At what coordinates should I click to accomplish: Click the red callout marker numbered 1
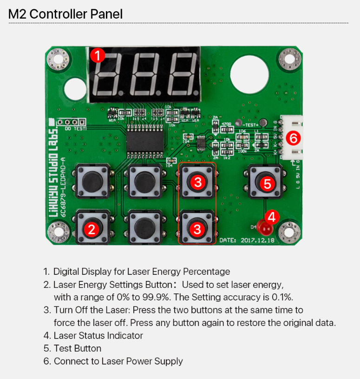click(98, 56)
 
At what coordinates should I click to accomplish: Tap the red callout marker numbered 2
click(92, 228)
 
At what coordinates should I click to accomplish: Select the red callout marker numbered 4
click(272, 217)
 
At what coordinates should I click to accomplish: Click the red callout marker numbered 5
click(267, 184)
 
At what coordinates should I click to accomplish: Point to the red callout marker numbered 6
click(293, 138)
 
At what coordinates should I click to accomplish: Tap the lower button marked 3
click(197, 228)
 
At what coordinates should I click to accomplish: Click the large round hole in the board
click(249, 71)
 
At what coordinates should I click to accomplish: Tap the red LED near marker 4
click(266, 228)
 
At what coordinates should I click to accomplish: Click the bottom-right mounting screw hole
click(289, 232)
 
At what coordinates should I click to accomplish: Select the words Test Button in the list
click(77, 348)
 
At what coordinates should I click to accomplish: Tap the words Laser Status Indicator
click(98, 335)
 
